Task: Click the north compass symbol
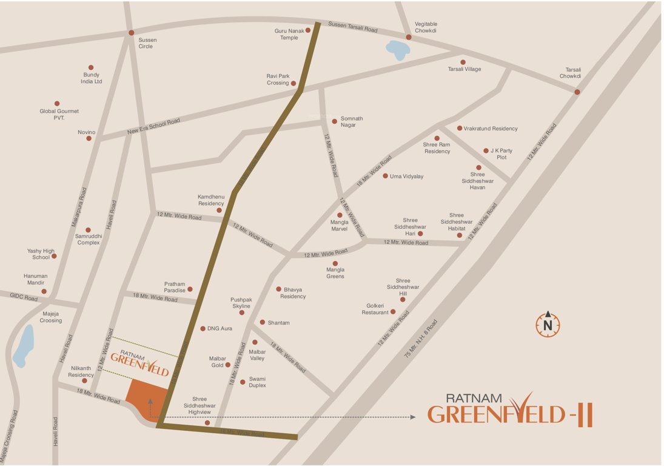point(548,324)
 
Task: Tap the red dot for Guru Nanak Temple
point(308,30)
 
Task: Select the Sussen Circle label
point(147,43)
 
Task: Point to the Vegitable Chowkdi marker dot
point(409,37)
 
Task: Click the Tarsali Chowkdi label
point(570,73)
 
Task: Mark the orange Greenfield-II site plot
point(147,398)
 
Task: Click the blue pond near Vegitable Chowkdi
point(397,50)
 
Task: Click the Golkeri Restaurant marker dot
point(393,312)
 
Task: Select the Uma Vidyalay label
point(406,177)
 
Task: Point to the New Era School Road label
point(153,126)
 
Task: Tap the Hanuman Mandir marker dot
point(44,291)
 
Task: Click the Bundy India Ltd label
point(91,78)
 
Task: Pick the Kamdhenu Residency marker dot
point(219,211)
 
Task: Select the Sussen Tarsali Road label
point(352,27)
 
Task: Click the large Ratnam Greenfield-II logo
point(509,409)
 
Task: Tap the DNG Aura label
point(220,329)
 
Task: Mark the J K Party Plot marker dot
point(486,150)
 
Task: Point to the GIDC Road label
point(23,297)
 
